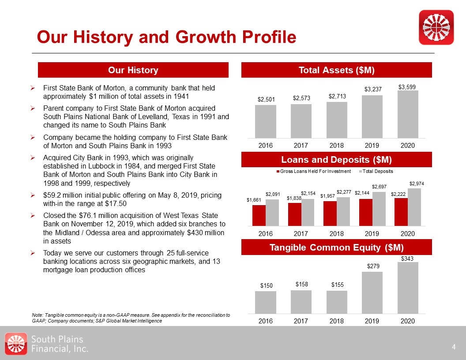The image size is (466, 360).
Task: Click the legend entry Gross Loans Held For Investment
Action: point(313,171)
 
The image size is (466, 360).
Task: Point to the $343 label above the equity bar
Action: point(407,258)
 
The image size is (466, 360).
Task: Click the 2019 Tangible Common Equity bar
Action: point(372,292)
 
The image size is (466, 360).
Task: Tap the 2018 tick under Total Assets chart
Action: point(337,145)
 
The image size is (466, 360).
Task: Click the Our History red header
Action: point(133,70)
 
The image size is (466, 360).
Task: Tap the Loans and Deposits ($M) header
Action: point(337,159)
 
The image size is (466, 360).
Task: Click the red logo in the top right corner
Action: point(436,27)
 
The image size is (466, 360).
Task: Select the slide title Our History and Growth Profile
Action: point(166,37)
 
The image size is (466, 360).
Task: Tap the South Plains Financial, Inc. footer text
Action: point(60,344)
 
